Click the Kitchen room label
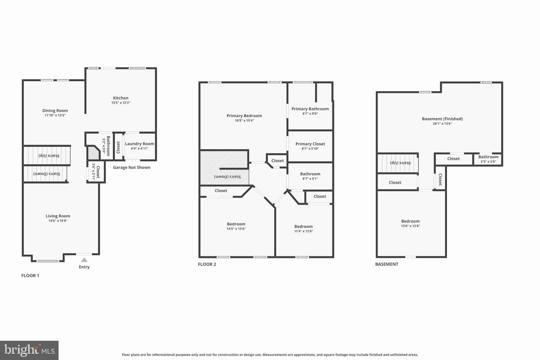[x=120, y=98]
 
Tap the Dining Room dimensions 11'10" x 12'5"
[x=55, y=115]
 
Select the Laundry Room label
[x=139, y=144]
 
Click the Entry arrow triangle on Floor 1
[x=84, y=260]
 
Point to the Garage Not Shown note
[x=132, y=167]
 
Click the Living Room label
[x=58, y=216]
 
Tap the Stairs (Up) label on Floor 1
[x=49, y=156]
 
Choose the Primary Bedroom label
[x=244, y=116]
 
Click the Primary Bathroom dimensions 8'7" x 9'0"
[x=310, y=114]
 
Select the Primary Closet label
[x=310, y=144]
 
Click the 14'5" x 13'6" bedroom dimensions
[x=236, y=229]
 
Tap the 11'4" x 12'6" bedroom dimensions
[x=303, y=231]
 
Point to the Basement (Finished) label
[x=442, y=119]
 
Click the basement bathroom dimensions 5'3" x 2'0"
[x=488, y=162]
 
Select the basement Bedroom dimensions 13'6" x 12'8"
[x=410, y=226]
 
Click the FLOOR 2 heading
[x=207, y=264]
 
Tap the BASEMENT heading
[x=387, y=264]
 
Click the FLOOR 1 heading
[x=30, y=276]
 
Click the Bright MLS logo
[x=29, y=350]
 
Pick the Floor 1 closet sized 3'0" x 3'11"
[x=96, y=172]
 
